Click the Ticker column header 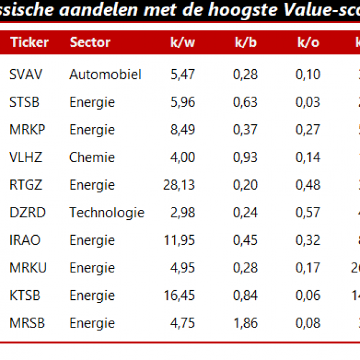tap(30, 42)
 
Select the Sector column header tap(90, 42)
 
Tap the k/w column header tap(183, 42)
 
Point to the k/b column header tap(246, 42)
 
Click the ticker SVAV tap(26, 74)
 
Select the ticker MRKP tap(28, 129)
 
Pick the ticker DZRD tap(28, 213)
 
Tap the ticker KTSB tap(25, 295)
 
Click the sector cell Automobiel tap(105, 74)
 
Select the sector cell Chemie tap(92, 157)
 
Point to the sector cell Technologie tap(107, 213)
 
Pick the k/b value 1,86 tap(245, 323)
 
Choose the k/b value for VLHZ tap(245, 157)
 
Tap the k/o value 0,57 tap(308, 213)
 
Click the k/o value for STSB tap(308, 102)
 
